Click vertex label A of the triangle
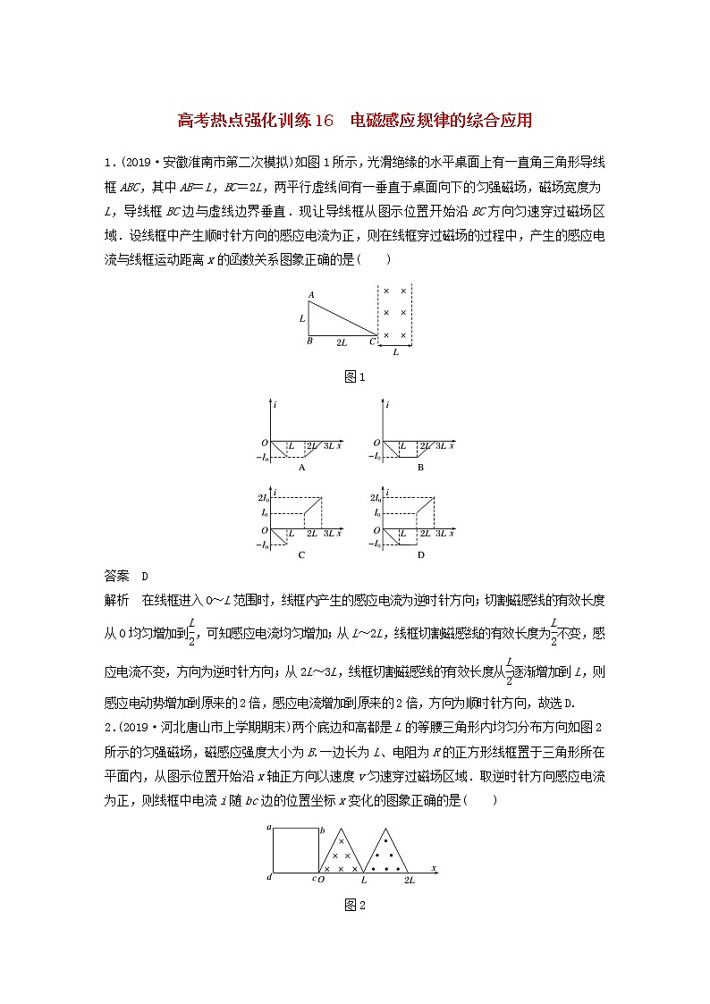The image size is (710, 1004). (x=310, y=294)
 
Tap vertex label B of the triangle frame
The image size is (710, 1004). (x=309, y=341)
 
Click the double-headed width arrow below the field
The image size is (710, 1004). (x=396, y=346)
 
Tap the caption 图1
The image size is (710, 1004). (x=356, y=376)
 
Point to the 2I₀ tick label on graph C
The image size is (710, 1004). (x=263, y=497)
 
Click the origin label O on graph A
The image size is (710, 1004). (x=265, y=443)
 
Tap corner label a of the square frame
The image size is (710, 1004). (x=268, y=829)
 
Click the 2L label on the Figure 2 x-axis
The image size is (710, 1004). (x=409, y=880)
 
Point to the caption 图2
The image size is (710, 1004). (x=356, y=905)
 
